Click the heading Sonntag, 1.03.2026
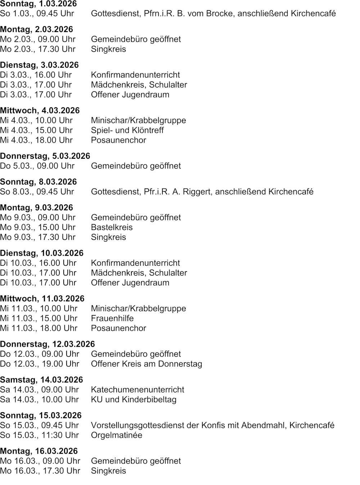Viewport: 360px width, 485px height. pos(38,4)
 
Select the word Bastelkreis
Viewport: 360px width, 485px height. pos(112,228)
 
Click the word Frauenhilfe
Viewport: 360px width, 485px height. pos(112,319)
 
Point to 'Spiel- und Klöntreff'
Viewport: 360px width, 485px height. pos(127,130)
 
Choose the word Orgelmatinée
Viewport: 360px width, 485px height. pos(116,435)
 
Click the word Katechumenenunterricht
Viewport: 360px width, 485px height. pos(138,390)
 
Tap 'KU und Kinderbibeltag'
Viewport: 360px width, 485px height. pos(134,400)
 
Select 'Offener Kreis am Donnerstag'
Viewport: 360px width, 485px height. pos(146,364)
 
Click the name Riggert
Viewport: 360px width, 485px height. pos(197,192)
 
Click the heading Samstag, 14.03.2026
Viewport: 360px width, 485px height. pos(41,380)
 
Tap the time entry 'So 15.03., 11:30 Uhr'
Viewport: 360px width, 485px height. pos(39,435)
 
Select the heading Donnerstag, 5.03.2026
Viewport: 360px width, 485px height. pos(45,156)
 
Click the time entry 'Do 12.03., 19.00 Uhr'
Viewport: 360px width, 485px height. pos(40,364)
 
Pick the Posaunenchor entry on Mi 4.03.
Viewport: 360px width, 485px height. pos(118,140)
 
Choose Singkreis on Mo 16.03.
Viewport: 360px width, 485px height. pos(108,471)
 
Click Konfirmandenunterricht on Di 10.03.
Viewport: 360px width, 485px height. pos(135,263)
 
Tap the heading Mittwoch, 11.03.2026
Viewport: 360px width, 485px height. pos(42,299)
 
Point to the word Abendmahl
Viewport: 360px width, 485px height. pos(264,426)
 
